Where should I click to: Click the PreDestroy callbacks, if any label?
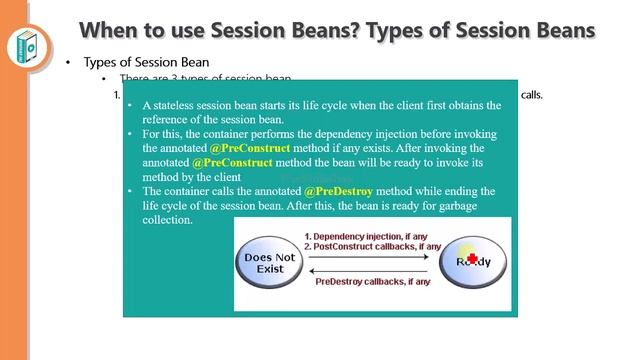(x=372, y=282)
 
